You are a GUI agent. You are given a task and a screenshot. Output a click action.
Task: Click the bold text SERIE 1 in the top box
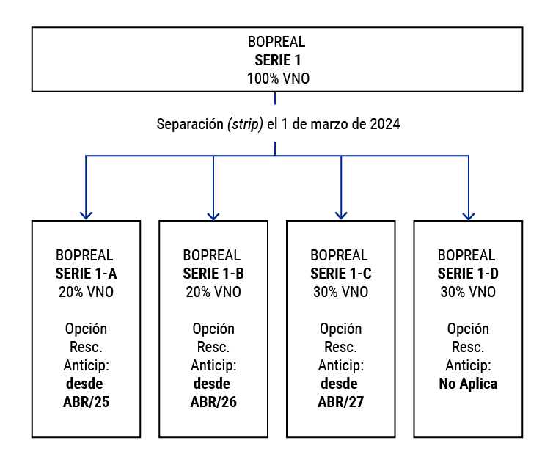(278, 60)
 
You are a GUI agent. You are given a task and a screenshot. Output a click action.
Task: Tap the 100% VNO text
(278, 78)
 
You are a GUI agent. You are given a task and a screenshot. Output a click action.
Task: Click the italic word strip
(246, 124)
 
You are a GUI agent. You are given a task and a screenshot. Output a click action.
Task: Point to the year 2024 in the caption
(385, 124)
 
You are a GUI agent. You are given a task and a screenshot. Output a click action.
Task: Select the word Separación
(190, 124)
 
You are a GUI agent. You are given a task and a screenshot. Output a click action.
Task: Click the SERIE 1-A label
(86, 274)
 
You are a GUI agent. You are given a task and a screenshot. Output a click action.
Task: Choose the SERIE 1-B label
(213, 274)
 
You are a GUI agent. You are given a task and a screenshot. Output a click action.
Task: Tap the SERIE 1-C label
(341, 274)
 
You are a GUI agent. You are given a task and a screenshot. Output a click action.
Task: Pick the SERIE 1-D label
(468, 274)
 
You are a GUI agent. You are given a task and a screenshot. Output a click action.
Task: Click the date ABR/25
(86, 402)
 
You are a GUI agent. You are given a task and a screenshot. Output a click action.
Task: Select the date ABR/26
(213, 402)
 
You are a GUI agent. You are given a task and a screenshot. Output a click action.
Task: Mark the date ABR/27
(341, 402)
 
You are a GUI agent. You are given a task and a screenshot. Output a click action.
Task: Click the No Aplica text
(468, 384)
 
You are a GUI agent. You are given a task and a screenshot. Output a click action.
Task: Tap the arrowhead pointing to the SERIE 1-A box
(86, 216)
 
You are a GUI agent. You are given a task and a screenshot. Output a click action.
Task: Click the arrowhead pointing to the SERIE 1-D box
(469, 216)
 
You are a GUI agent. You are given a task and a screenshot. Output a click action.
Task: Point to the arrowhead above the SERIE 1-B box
(213, 216)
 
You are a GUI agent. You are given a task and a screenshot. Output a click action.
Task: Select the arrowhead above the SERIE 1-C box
(341, 216)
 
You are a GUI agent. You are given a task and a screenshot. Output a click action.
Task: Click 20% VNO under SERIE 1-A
(86, 292)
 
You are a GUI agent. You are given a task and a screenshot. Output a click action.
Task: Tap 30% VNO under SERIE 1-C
(341, 292)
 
